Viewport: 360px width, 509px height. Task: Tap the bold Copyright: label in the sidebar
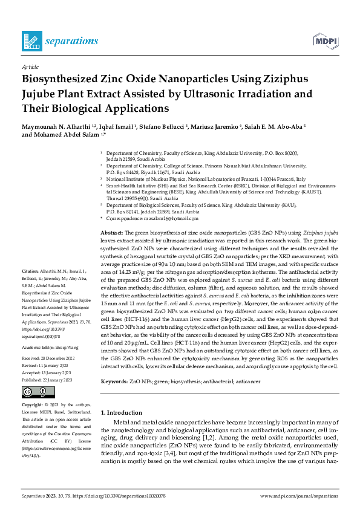pos(33,387)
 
